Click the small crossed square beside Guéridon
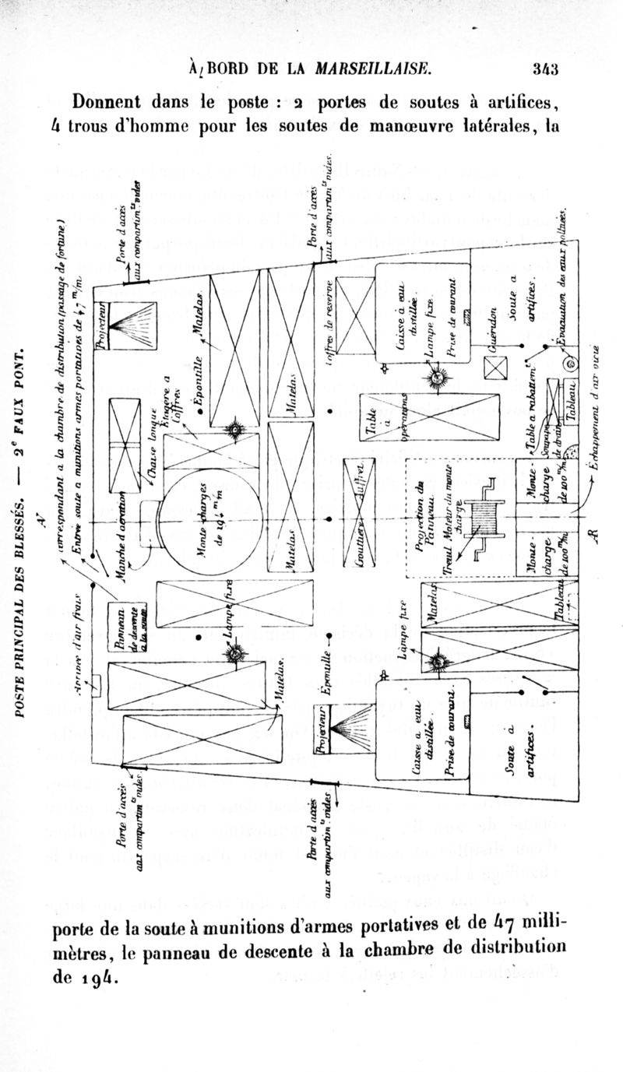point(495,368)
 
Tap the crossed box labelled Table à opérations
point(429,416)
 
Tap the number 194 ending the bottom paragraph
point(103,977)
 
